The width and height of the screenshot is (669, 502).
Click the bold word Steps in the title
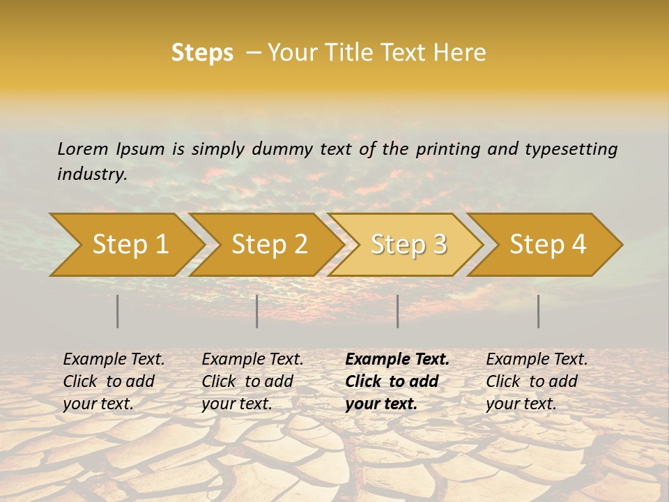coord(202,53)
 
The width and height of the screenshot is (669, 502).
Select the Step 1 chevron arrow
coord(130,245)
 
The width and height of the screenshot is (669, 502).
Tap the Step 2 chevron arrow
coord(269,245)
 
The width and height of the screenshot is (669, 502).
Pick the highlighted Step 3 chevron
coord(408,245)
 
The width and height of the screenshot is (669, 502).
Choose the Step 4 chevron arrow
coord(548,245)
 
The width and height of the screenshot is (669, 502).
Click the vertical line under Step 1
coord(118,311)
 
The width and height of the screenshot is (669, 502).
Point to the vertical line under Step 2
coord(257,311)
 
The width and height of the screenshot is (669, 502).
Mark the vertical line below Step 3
coord(398,311)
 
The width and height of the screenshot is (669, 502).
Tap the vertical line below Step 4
coord(539,311)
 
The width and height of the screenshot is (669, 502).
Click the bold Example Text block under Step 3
coord(397,381)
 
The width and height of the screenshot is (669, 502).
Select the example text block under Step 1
coord(114,381)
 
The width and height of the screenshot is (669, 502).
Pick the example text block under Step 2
coord(252,381)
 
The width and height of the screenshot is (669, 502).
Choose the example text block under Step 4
coord(537,381)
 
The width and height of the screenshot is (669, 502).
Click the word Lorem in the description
coord(82,149)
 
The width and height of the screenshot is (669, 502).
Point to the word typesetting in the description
coord(571,149)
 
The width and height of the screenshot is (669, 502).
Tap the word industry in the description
coord(91,174)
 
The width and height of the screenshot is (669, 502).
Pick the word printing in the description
coord(448,149)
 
